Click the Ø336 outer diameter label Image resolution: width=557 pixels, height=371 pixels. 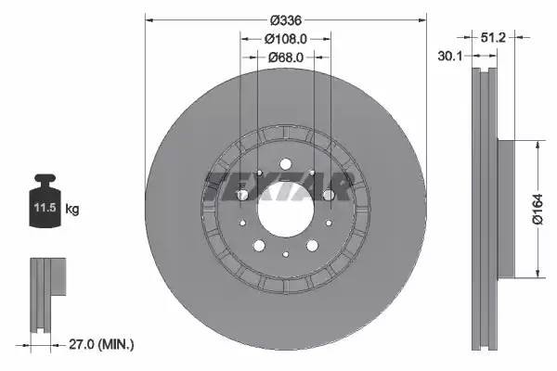(286, 19)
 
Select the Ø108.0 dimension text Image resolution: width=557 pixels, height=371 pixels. (286, 39)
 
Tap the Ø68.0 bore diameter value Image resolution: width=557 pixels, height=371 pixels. (286, 58)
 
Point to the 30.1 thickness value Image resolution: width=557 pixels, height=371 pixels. (449, 57)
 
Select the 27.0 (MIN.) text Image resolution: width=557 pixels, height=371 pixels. (103, 344)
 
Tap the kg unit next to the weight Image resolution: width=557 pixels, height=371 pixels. (73, 210)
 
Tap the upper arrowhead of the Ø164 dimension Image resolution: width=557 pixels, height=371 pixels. (537, 145)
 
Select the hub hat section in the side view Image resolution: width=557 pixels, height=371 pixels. (506, 209)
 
